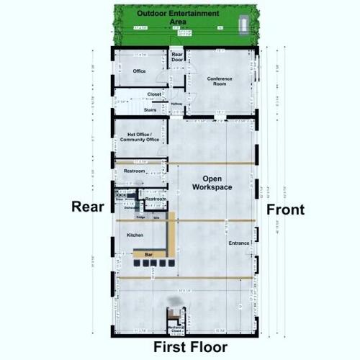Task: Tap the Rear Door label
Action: [177, 58]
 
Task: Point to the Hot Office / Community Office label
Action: [143, 137]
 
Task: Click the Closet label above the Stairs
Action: [154, 94]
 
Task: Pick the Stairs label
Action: [150, 109]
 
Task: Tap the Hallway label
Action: [176, 104]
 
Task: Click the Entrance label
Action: [239, 243]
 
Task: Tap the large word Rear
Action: [89, 207]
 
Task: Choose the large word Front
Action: [286, 210]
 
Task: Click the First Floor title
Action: [190, 347]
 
